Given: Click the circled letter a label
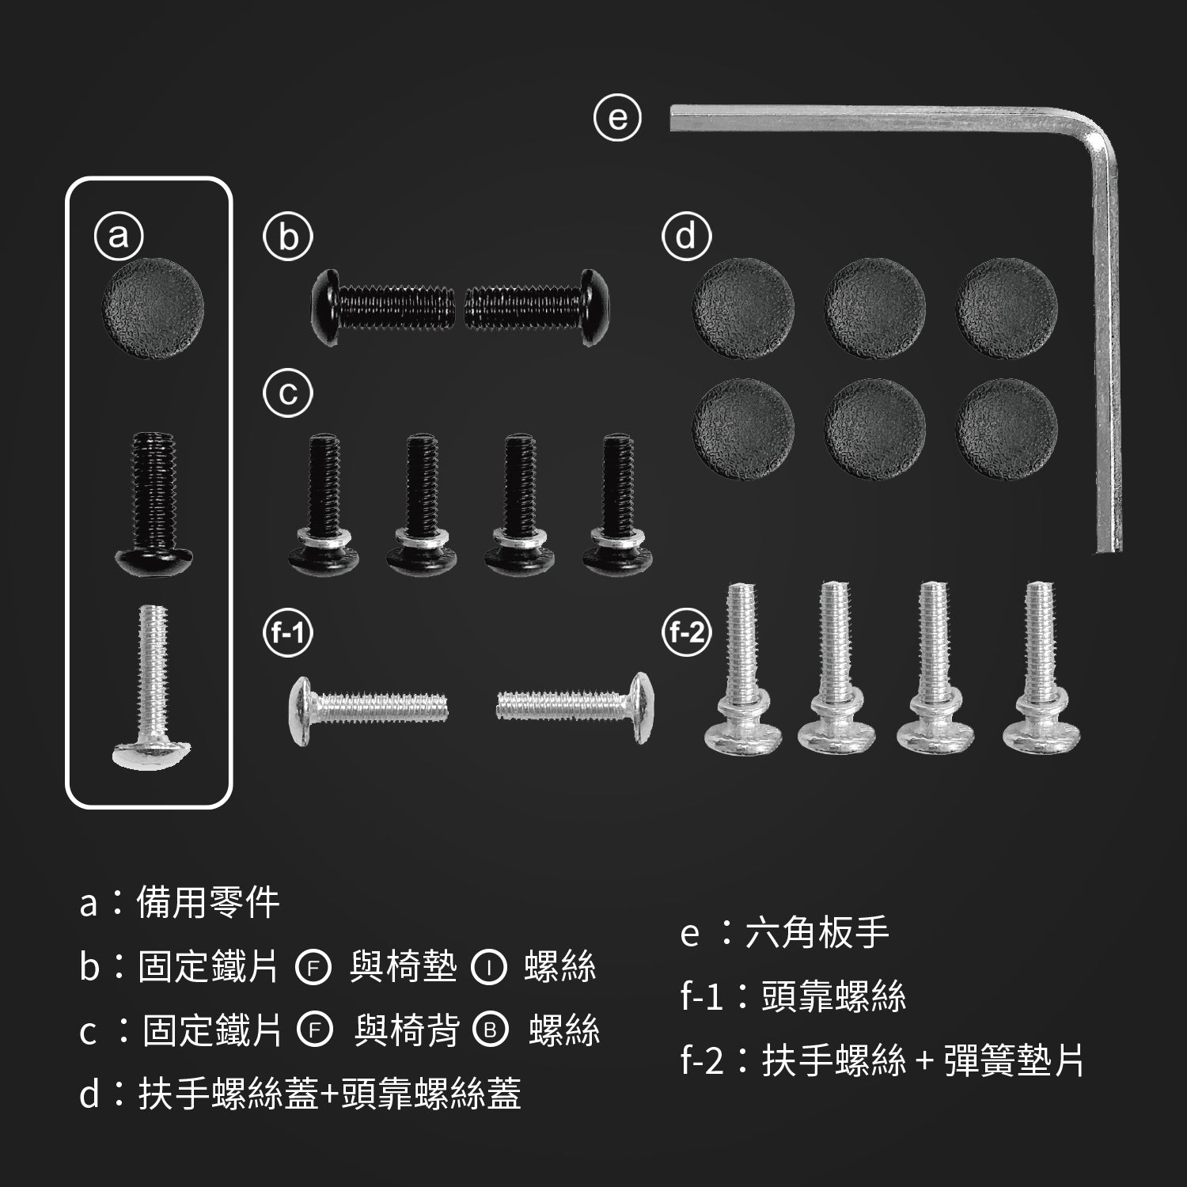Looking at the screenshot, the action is point(118,236).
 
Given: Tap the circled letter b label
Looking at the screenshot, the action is point(288,236).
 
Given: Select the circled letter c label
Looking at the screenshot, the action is point(288,393).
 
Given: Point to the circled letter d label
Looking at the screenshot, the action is point(686,236).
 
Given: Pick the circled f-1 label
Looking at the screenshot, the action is point(288,633).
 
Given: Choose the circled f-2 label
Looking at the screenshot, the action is point(686,633).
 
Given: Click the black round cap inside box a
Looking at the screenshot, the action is point(153,309).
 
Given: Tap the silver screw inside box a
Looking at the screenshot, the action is point(153,686).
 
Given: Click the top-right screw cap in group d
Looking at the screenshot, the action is point(1006,309).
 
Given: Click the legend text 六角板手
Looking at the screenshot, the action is point(817,934).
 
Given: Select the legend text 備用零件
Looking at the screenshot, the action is point(208,902).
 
